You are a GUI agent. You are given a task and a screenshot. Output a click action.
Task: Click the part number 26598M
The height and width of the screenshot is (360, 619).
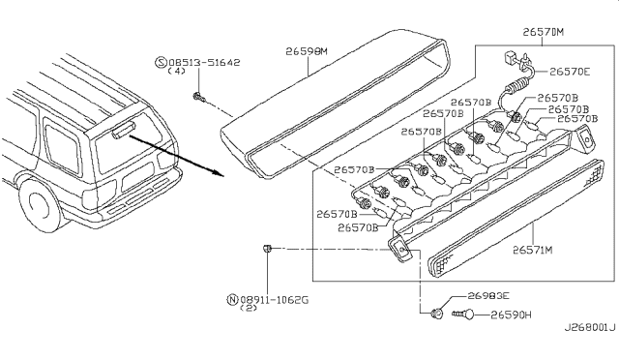(307, 51)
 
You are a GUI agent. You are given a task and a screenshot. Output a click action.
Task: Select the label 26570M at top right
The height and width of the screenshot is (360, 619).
(544, 32)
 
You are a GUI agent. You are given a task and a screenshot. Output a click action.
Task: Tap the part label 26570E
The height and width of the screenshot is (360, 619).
(570, 72)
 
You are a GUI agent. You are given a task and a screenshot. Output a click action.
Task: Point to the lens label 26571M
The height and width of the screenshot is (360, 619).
(533, 250)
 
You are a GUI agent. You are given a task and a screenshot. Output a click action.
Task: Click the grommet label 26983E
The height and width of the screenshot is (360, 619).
(488, 295)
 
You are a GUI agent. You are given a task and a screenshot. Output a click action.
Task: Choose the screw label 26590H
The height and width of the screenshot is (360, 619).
(511, 315)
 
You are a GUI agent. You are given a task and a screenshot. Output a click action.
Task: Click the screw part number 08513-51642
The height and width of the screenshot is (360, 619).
(204, 63)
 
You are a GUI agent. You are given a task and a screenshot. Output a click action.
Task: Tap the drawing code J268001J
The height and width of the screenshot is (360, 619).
(590, 328)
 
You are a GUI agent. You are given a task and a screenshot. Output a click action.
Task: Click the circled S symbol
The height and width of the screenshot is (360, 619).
(161, 63)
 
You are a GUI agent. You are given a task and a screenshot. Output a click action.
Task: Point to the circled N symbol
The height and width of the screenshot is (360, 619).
(232, 300)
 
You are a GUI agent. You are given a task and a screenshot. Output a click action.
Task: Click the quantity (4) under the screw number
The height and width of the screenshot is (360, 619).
(176, 72)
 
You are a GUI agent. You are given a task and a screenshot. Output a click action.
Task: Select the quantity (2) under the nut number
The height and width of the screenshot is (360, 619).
(249, 308)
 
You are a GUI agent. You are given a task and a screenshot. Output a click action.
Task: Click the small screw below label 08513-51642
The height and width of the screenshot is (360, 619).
(198, 97)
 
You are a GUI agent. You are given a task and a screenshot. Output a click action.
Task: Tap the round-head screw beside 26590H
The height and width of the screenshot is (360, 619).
(463, 315)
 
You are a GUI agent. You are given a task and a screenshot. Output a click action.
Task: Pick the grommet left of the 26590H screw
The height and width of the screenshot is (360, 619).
(436, 314)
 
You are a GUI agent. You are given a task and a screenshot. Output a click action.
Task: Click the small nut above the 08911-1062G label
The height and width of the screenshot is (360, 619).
(268, 248)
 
